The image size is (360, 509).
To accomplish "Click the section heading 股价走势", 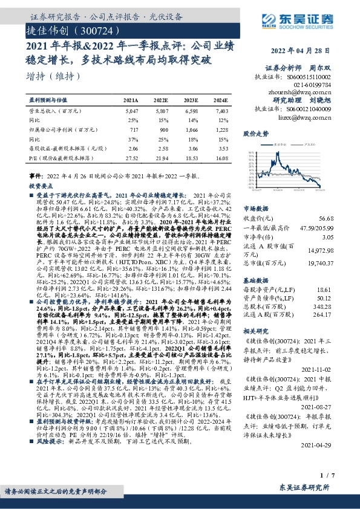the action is pos(255,132).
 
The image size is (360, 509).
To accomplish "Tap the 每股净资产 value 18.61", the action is pos(324,290).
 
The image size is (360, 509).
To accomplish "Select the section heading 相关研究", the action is pos(255,332).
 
